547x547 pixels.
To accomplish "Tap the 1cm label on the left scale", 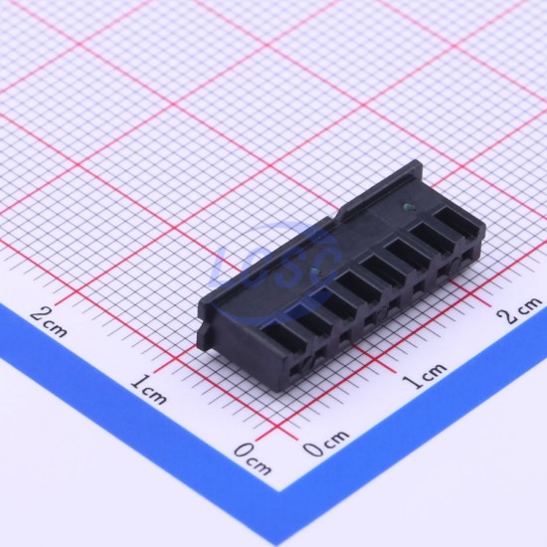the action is (x=149, y=389).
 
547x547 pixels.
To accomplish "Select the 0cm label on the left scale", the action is (x=253, y=458).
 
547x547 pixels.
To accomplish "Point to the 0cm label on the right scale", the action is (x=326, y=443).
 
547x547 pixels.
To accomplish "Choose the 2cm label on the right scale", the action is (x=520, y=310).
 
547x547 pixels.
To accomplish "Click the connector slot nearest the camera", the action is (x=284, y=335).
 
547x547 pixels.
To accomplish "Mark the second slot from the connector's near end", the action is (x=313, y=315).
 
